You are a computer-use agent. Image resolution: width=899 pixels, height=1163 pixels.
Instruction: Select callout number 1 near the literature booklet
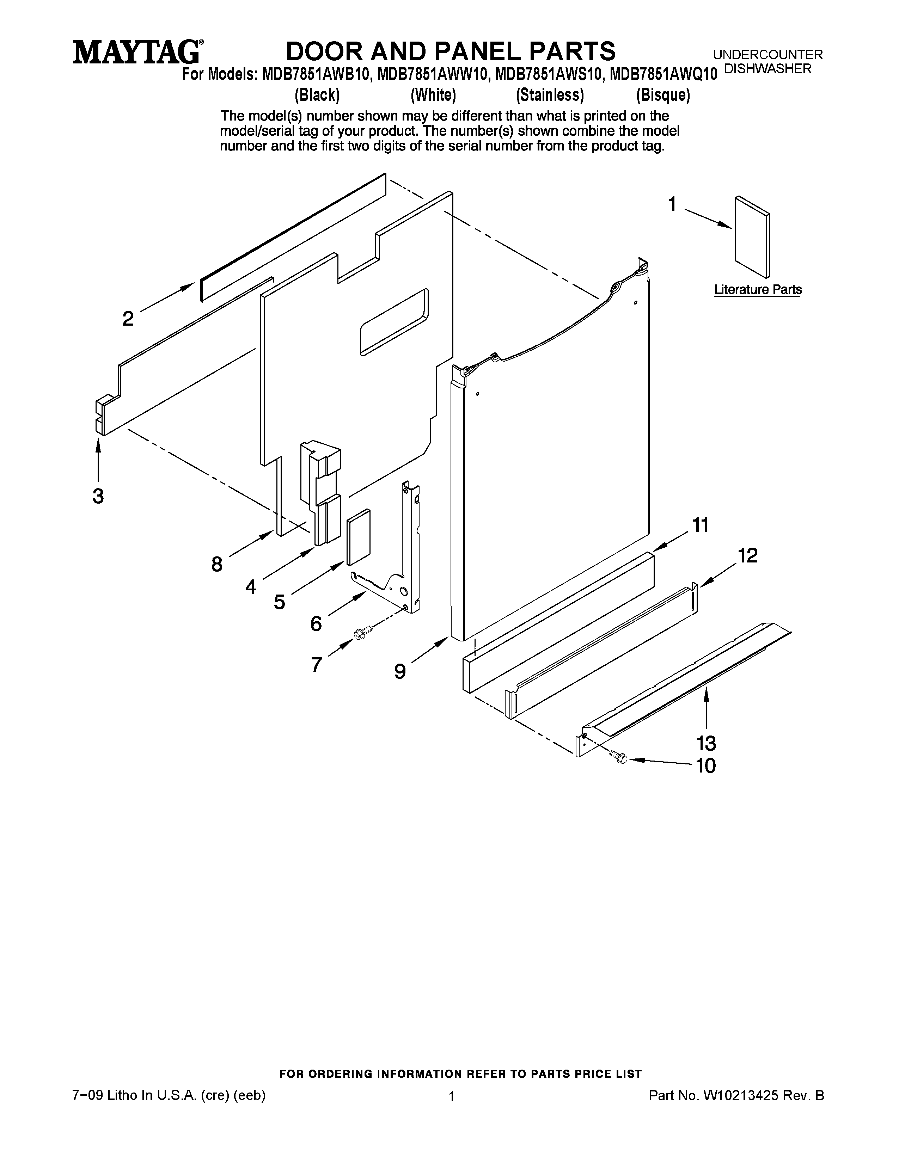pos(672,204)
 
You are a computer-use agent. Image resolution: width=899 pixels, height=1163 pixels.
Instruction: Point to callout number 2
pos(128,319)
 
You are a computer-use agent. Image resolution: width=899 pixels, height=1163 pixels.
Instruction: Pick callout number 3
pos(98,496)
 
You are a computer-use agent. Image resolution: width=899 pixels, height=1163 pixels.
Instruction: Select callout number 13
pos(706,742)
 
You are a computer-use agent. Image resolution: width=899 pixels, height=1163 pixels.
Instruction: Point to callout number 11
pos(701,525)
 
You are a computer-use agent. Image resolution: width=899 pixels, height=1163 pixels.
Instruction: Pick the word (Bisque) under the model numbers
pos(662,95)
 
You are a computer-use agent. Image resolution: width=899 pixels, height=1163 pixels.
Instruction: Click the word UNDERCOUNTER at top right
pos(767,54)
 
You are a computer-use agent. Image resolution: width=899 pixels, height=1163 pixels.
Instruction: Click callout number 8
pos(217,564)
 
